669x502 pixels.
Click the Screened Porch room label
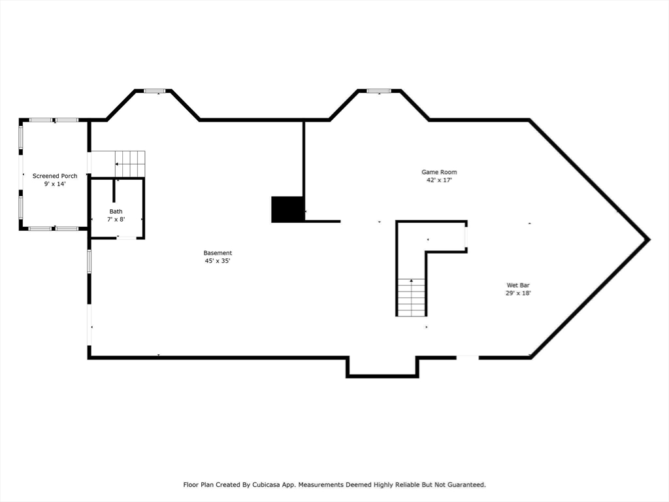point(55,176)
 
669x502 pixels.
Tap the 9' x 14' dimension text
point(55,184)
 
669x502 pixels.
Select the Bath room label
point(116,211)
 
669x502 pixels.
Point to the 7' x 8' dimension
point(116,219)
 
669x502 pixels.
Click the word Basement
point(218,253)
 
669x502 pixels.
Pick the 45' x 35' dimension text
point(218,261)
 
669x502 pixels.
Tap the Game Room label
point(439,172)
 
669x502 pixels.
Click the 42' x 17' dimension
point(439,180)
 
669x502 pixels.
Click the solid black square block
point(287,209)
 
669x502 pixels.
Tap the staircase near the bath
point(129,163)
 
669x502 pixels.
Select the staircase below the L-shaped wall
point(412,297)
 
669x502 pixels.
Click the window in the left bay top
point(154,91)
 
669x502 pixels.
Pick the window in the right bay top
point(378,91)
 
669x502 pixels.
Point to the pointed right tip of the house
point(647,239)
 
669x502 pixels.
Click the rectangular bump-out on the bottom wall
point(382,368)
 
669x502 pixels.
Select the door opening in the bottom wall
point(467,357)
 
